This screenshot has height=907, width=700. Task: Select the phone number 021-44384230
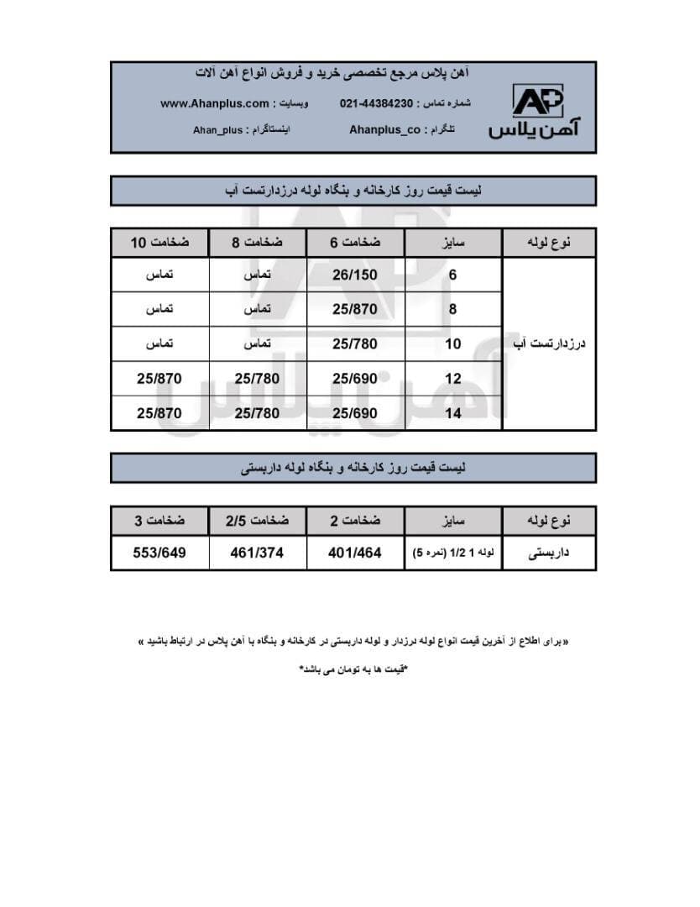coord(376,103)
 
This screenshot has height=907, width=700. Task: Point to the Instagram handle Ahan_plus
coord(217,130)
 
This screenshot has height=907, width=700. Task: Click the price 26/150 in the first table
coord(355,275)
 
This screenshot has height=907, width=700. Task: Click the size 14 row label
coord(453,413)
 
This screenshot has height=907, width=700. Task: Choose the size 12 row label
coord(453,379)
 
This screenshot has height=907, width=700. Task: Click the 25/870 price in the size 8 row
coord(355,309)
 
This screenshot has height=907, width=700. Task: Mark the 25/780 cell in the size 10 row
coord(355,343)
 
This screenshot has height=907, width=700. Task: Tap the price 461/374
coord(257,553)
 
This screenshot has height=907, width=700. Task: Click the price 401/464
coord(355,553)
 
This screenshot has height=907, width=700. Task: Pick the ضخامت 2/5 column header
coord(257,521)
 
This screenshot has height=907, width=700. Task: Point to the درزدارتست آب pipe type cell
coord(549,343)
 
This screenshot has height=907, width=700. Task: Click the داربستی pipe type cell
coord(549,553)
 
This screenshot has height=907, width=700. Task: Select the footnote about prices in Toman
coord(353,669)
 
